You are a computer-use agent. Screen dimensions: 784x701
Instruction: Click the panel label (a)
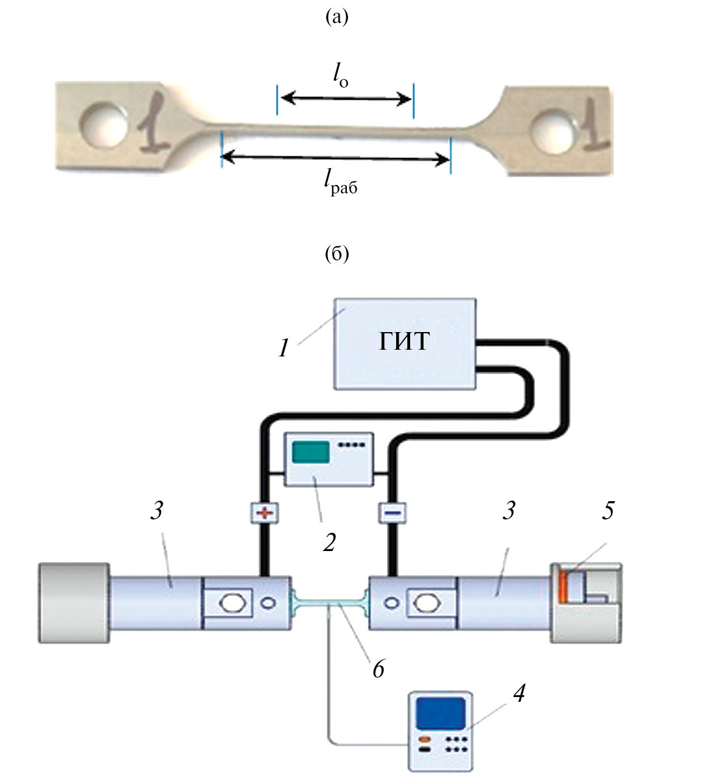[337, 18]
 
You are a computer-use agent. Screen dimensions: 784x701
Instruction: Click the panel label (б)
[337, 254]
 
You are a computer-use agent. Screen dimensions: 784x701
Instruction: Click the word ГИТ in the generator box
[404, 341]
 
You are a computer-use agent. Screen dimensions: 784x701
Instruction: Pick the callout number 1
[284, 349]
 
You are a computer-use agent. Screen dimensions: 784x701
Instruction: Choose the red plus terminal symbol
[265, 513]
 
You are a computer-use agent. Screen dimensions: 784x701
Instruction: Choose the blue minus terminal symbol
[392, 513]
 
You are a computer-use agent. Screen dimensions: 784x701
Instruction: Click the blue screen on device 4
[441, 713]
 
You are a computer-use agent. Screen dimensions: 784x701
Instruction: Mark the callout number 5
[608, 510]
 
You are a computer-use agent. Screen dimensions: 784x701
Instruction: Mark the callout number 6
[378, 670]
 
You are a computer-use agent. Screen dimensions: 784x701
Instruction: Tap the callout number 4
[519, 693]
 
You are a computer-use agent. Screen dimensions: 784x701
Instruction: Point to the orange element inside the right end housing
[563, 586]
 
